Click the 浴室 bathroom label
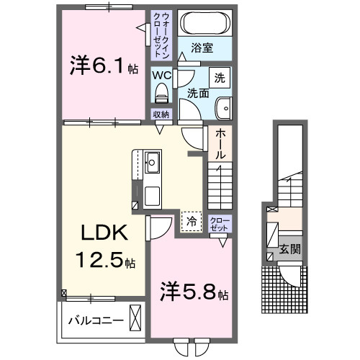click(x=202, y=48)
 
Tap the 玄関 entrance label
click(x=290, y=250)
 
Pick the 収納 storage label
click(x=161, y=114)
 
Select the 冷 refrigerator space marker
click(x=191, y=221)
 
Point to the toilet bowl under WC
click(x=161, y=92)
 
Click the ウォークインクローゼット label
click(x=160, y=34)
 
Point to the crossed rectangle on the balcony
click(x=135, y=317)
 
